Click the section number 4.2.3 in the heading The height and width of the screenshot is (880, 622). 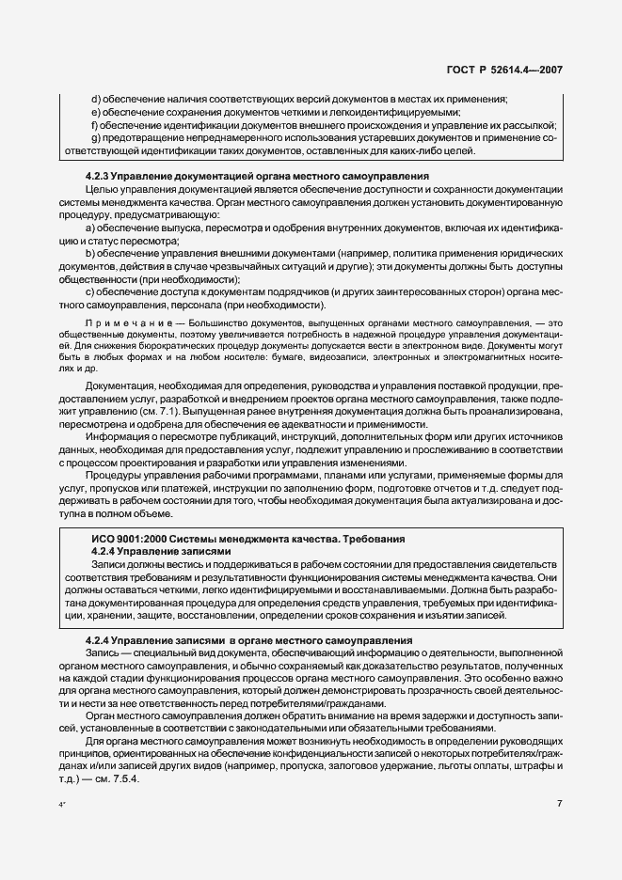(x=101, y=176)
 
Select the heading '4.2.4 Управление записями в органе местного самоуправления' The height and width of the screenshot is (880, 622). (x=258, y=639)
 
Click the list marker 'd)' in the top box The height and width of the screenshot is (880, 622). (x=95, y=99)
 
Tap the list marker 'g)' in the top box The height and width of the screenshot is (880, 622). (x=95, y=138)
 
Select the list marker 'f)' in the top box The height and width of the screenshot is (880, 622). (x=94, y=125)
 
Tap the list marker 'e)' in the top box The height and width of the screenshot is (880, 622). (x=95, y=112)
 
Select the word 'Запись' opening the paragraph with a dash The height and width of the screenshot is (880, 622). (x=101, y=652)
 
